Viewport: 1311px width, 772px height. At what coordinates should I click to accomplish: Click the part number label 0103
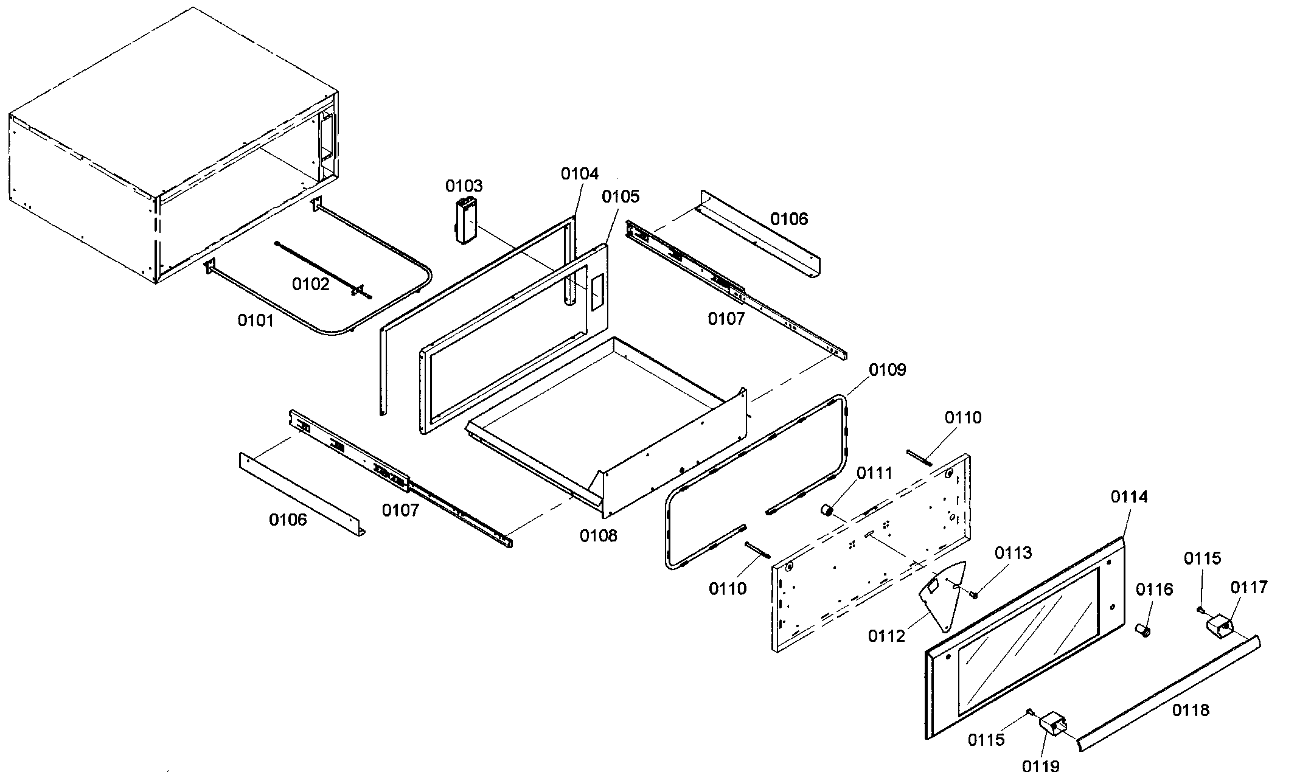point(464,186)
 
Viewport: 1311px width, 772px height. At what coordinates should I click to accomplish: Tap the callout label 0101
point(256,320)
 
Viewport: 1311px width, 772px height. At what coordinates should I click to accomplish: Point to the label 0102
point(311,284)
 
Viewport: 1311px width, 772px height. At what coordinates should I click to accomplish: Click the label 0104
point(580,174)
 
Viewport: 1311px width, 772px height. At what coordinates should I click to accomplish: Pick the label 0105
point(621,196)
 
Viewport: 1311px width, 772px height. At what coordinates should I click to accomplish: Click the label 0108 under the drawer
point(598,535)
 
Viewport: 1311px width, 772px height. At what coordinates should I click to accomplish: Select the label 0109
point(887,370)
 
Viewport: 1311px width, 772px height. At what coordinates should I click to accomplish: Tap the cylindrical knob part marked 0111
point(827,510)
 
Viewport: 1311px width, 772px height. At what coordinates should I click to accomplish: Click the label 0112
point(886,636)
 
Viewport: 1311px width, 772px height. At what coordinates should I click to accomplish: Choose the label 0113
point(1014,553)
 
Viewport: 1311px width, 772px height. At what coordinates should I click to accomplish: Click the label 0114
point(1129,497)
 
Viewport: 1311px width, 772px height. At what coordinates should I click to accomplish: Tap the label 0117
point(1249,587)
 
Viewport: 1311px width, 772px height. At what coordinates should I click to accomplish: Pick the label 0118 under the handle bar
point(1191,710)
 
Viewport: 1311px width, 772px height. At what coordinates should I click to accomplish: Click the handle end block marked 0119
point(1053,726)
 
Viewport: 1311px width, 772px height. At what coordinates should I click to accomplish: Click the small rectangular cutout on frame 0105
point(596,292)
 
